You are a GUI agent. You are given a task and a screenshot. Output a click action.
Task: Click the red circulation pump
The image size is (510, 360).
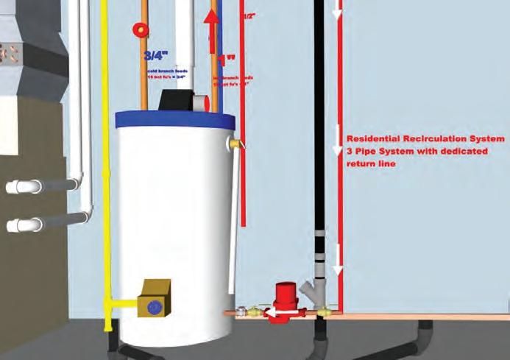click(283, 303)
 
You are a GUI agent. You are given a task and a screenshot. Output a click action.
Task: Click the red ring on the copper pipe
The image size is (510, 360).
click(139, 29)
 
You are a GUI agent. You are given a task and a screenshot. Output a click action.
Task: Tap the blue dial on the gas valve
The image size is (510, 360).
click(154, 304)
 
